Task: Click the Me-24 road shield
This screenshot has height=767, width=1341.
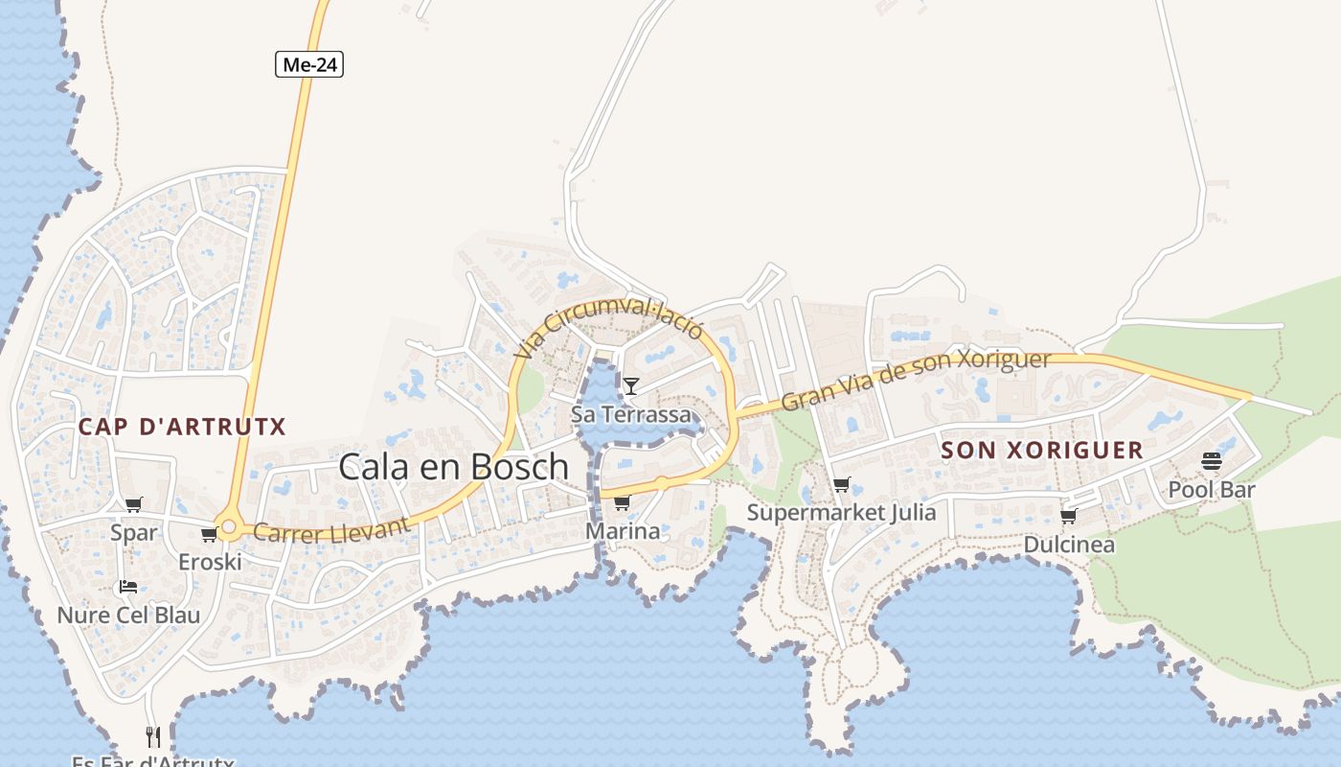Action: tap(309, 65)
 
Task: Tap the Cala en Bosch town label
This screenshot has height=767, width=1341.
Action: tap(454, 467)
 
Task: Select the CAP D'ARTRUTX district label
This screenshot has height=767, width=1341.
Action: tap(182, 427)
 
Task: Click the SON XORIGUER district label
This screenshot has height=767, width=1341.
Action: tap(1042, 450)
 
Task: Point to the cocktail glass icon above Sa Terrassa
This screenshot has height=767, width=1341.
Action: tap(631, 386)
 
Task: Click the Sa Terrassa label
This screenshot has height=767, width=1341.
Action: tap(630, 414)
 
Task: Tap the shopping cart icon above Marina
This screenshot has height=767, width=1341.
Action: tap(622, 502)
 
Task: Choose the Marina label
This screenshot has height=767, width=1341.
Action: tap(623, 531)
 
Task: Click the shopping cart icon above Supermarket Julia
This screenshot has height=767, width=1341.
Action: tap(841, 485)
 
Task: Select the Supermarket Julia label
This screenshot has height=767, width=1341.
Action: tap(841, 512)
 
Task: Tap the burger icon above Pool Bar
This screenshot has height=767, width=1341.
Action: tap(1211, 462)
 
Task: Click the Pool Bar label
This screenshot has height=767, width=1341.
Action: tap(1211, 490)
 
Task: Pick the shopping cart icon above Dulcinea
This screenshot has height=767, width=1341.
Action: tap(1069, 516)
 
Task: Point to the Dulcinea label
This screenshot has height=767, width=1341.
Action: tap(1069, 545)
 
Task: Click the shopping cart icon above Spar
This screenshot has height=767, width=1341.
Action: tap(133, 505)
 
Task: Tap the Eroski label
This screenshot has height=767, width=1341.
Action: tap(210, 562)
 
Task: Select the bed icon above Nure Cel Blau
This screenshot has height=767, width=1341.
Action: tap(128, 587)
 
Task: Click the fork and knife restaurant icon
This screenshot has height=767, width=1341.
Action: tap(152, 736)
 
